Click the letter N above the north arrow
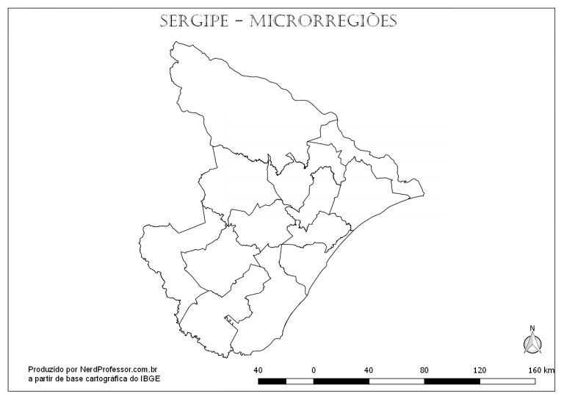[x=532, y=328]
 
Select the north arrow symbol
[x=532, y=342]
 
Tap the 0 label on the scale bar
[x=314, y=370]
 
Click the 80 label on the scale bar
[x=424, y=370]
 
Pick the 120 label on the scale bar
[x=480, y=370]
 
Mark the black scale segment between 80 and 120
[x=452, y=381]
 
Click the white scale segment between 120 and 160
[x=507, y=381]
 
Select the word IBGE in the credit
[x=150, y=378]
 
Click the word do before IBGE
[x=134, y=378]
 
